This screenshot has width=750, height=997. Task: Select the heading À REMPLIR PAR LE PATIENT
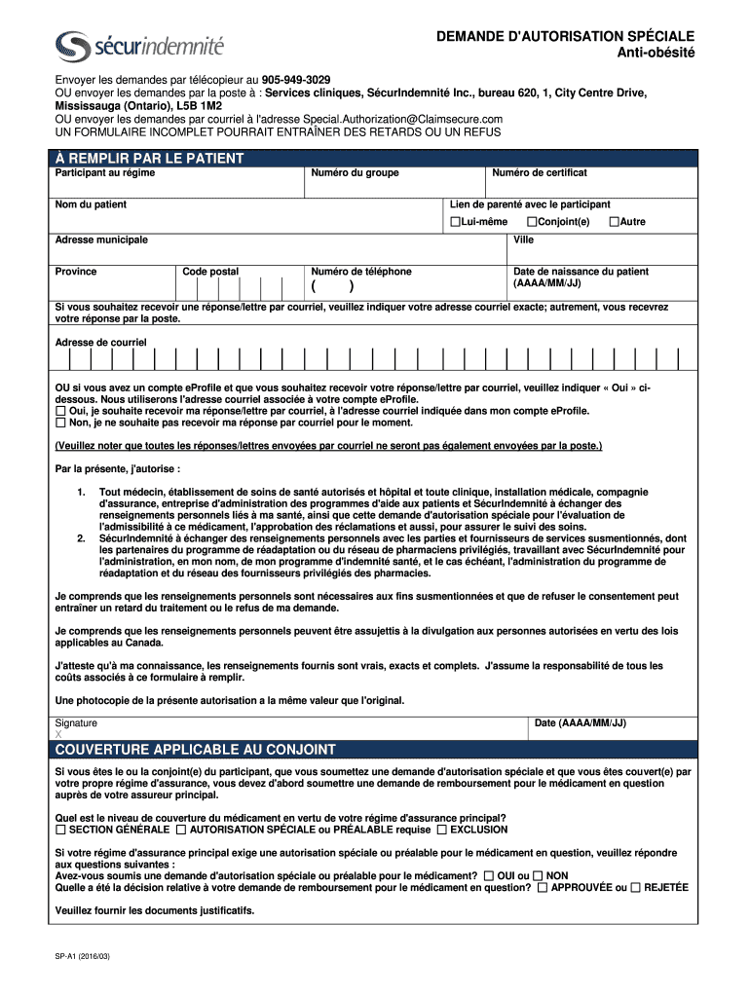(x=149, y=158)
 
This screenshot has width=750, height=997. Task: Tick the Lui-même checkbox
(x=455, y=222)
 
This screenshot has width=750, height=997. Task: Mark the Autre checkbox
(x=614, y=222)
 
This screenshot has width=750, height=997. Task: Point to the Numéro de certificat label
(x=539, y=173)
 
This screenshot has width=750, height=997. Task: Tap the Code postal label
(x=210, y=272)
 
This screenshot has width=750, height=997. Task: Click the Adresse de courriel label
(x=100, y=343)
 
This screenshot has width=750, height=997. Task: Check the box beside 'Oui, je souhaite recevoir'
(x=60, y=412)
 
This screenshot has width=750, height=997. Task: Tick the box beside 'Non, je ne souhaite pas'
(x=60, y=424)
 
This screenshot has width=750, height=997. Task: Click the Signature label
(x=76, y=723)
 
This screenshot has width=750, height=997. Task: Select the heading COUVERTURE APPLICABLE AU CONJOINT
(x=196, y=750)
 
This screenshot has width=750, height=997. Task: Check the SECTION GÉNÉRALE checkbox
(x=60, y=831)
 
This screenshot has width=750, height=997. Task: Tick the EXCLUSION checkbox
(x=441, y=831)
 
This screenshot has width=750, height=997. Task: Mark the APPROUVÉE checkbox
(x=543, y=888)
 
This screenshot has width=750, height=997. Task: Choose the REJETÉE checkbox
(x=635, y=888)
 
